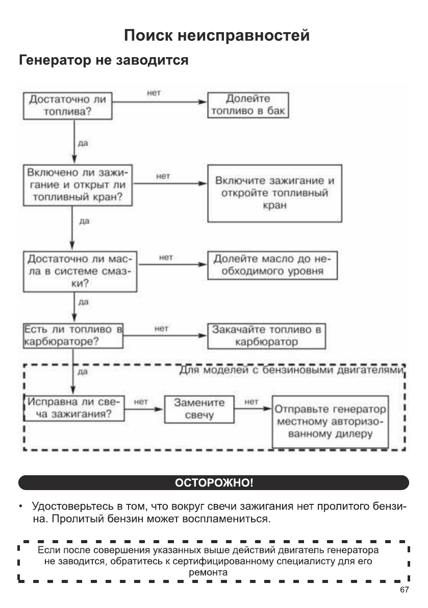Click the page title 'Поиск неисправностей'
click(x=217, y=36)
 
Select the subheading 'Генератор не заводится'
click(x=104, y=61)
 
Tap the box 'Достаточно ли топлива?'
click(x=67, y=105)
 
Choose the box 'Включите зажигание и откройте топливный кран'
click(x=274, y=193)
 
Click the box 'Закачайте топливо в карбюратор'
click(x=266, y=335)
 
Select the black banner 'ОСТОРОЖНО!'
click(x=214, y=482)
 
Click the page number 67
click(x=404, y=590)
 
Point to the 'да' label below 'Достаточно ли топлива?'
click(x=82, y=143)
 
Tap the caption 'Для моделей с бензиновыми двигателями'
click(x=292, y=370)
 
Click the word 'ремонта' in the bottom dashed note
click(x=208, y=573)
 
